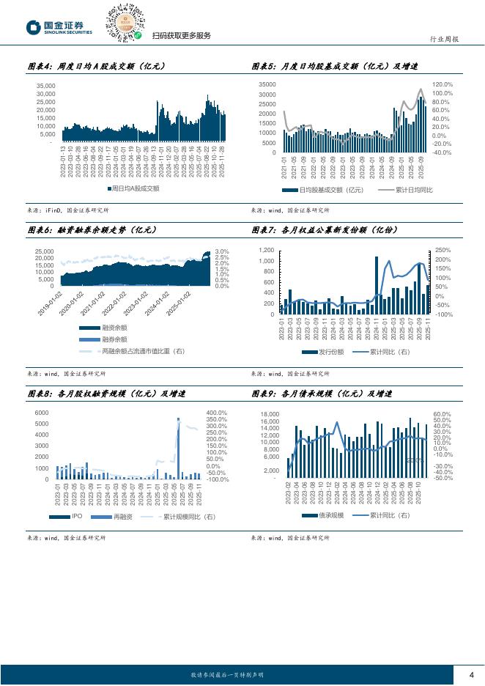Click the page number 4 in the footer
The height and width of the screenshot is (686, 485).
[x=471, y=675]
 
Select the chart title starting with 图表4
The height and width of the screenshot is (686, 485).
[x=96, y=67]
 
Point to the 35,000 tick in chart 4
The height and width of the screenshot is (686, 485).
[x=45, y=86]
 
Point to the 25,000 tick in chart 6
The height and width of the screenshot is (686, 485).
[x=44, y=251]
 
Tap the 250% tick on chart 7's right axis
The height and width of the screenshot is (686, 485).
[x=443, y=251]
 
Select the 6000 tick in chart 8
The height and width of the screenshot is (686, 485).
[x=42, y=413]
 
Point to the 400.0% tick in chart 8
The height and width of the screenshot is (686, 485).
[x=216, y=413]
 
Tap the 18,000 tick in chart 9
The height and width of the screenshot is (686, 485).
[x=270, y=415]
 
